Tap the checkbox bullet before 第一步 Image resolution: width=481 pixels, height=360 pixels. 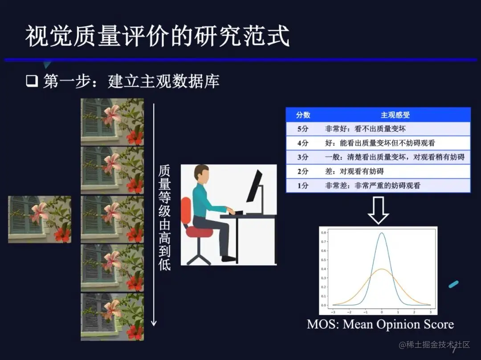32,81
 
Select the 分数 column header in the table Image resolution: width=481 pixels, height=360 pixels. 303,115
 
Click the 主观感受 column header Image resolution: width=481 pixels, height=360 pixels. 395,115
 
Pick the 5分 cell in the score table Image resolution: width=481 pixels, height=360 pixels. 303,129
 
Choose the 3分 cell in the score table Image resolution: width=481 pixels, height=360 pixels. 303,157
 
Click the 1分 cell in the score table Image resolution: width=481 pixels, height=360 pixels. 303,186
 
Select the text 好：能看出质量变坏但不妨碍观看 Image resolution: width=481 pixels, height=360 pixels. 380,143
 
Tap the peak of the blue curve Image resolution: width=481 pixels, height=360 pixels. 382,233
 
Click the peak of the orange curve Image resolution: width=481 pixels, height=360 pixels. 382,269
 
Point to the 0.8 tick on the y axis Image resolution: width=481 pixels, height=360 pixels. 324,232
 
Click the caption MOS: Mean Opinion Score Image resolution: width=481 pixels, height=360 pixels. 380,324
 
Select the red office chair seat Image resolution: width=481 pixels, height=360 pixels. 200,232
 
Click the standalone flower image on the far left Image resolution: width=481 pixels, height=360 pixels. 40,219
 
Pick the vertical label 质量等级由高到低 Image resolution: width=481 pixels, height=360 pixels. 164,218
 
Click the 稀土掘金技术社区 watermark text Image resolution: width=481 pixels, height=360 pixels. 434,344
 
